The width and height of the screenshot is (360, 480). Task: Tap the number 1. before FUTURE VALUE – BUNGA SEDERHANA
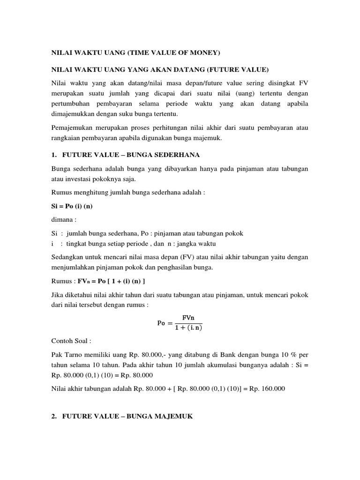[x=53, y=155]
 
